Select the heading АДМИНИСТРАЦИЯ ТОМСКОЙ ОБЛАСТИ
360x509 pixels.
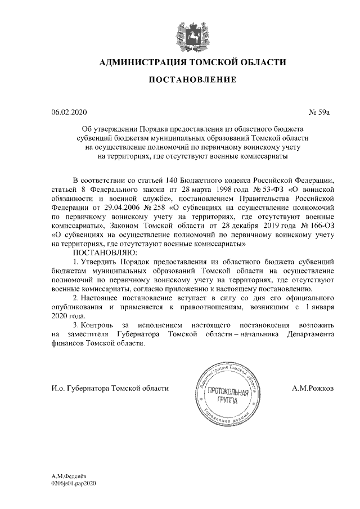[x=192, y=62]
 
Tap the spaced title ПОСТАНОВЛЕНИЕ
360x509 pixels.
[x=192, y=80]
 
